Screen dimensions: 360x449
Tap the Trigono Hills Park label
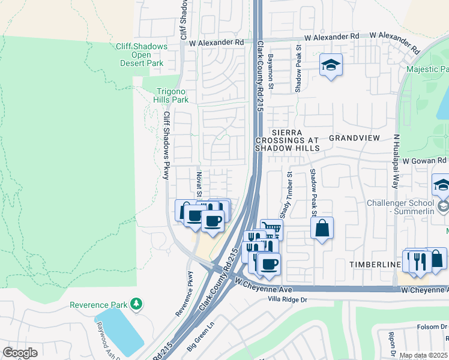coord(169,95)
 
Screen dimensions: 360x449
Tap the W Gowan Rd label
coord(424,161)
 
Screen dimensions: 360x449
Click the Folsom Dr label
coord(431,327)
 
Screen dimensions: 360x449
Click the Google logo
coord(20,353)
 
